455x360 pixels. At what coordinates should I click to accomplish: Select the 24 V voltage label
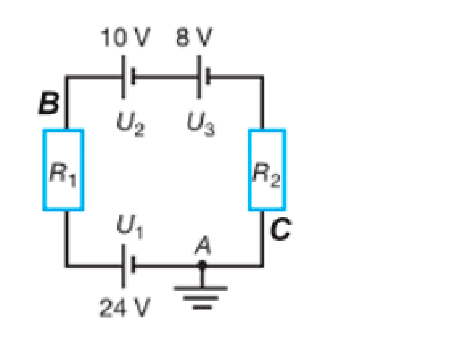click(121, 309)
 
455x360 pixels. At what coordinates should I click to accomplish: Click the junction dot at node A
click(202, 264)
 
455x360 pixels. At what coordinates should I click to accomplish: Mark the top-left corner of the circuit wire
click(66, 77)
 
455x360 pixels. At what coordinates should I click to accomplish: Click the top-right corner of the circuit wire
click(261, 77)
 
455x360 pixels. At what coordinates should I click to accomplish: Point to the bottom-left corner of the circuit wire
click(66, 264)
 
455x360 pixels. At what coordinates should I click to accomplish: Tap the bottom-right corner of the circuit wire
click(261, 264)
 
